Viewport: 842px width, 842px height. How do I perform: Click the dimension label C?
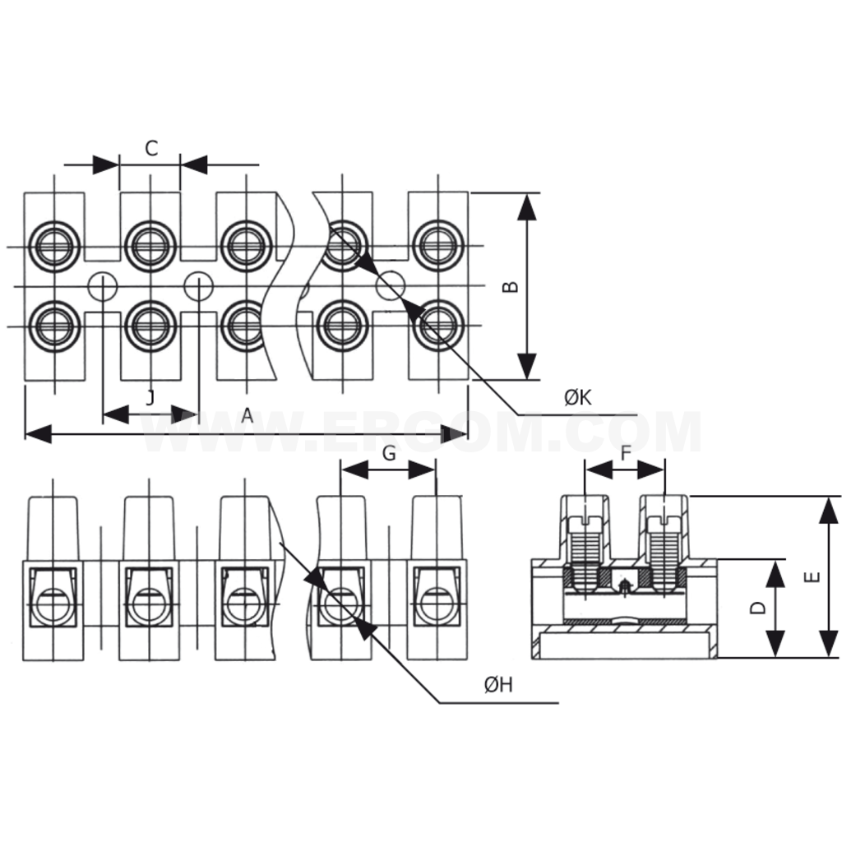pos(150,148)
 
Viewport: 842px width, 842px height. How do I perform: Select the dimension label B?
pos(511,286)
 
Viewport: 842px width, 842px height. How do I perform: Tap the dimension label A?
pos(247,416)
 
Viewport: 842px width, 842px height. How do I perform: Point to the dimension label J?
pos(150,398)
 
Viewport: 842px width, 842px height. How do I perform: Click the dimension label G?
pos(389,453)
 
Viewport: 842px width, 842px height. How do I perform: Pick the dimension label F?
pos(626,453)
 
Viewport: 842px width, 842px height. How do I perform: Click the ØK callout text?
pos(578,398)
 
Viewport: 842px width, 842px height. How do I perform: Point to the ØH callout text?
pos(498,685)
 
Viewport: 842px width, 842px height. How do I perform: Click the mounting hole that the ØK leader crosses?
pos(391,285)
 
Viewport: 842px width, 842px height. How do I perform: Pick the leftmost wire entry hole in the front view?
pos(54,603)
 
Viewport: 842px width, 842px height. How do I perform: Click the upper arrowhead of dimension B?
pos(527,206)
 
